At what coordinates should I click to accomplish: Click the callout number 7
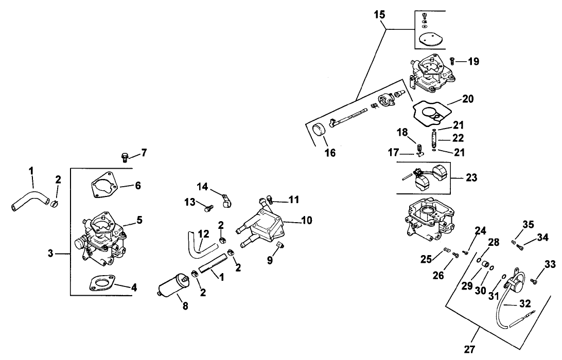[x=144, y=152]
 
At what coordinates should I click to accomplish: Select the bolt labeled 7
[x=124, y=155]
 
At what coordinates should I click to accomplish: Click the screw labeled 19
[x=453, y=61]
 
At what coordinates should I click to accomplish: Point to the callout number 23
[x=471, y=178]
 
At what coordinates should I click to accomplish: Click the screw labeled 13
[x=208, y=209]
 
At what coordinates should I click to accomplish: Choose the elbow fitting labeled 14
[x=225, y=200]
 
